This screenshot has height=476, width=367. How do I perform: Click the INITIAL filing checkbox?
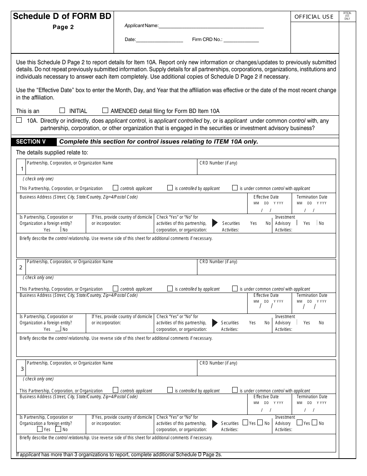[63, 110]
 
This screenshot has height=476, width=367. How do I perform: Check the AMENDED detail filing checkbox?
[105, 110]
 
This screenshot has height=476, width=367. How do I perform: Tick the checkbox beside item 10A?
[19, 120]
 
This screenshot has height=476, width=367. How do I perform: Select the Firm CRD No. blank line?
[241, 39]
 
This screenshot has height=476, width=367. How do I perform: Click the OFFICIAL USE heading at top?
[314, 17]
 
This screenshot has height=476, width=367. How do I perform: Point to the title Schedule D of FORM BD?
[62, 16]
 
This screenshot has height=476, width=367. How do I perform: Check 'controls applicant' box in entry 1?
[116, 188]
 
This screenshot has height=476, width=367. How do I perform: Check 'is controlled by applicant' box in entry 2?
[170, 288]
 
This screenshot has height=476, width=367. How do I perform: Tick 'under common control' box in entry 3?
[235, 390]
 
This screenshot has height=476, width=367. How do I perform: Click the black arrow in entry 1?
[215, 223]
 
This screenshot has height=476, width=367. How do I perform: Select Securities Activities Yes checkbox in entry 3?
[245, 423]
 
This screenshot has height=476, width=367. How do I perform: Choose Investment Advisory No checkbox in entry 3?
[314, 423]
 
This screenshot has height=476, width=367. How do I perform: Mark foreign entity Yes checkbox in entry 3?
[40, 429]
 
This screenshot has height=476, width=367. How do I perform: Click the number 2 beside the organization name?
[21, 267]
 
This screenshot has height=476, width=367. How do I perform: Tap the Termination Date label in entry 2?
[312, 295]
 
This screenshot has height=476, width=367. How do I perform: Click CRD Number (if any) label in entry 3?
[218, 363]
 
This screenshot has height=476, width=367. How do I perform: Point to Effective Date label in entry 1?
[266, 197]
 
